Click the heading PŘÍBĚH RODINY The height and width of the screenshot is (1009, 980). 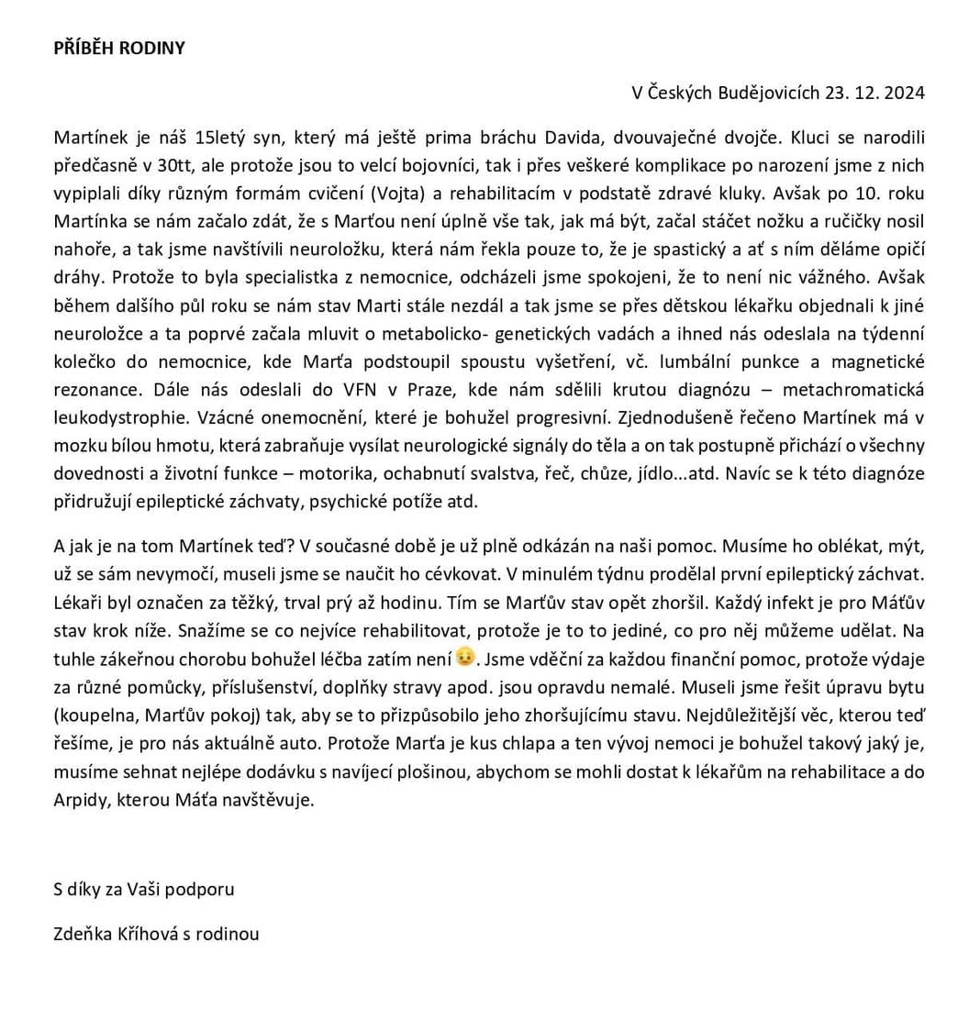point(119,49)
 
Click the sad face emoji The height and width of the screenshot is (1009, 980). point(465,657)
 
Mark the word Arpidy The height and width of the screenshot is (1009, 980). point(78,799)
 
